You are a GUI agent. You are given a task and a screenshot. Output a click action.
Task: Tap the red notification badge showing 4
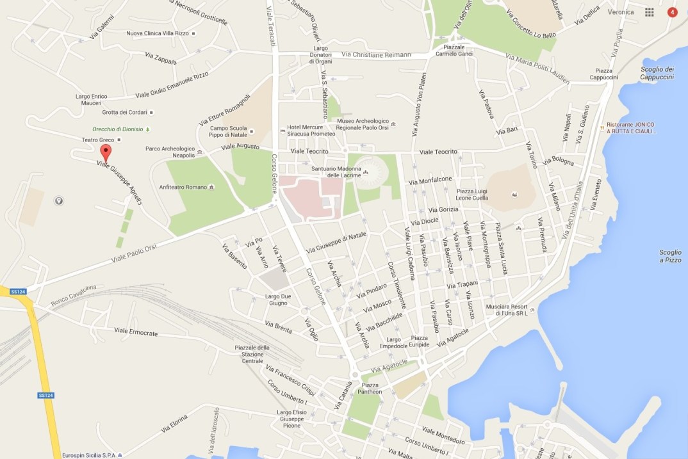click(672, 12)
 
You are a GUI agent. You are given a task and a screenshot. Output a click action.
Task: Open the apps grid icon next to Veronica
click(649, 12)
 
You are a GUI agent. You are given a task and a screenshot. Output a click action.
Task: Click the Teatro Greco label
click(97, 140)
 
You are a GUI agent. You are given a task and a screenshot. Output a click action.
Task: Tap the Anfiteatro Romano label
click(183, 187)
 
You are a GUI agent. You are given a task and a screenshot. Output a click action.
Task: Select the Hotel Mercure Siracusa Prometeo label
click(311, 131)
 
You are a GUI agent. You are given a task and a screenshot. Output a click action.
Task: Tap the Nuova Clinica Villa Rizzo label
click(157, 33)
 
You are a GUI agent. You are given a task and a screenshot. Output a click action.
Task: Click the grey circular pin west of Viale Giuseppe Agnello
click(59, 201)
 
